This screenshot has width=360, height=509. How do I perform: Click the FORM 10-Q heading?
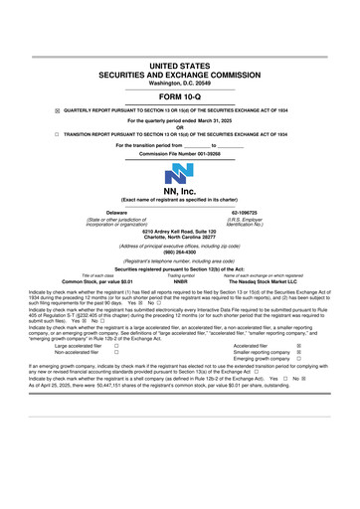[180, 98]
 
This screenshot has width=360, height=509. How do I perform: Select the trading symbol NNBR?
[181, 281]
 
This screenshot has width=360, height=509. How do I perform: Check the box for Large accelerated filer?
[117, 345]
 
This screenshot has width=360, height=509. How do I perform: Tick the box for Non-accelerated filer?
[117, 353]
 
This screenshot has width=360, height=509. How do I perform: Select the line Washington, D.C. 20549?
[180, 84]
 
